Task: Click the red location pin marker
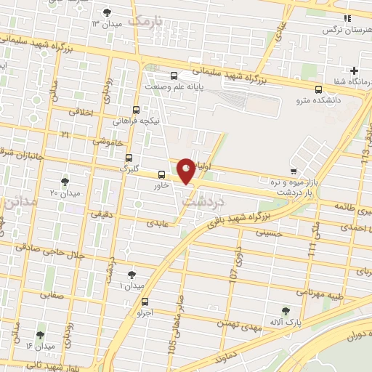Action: (186, 170)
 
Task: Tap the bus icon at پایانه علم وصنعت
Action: (173, 76)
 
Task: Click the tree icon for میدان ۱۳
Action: (108, 12)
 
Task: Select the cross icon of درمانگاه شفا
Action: (354, 71)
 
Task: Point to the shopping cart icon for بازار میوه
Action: (293, 171)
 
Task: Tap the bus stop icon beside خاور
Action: (162, 174)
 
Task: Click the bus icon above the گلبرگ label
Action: (129, 157)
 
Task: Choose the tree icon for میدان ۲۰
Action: (65, 182)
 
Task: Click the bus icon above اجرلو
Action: (145, 301)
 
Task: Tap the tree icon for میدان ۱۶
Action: (39, 335)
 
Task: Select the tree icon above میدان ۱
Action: (131, 275)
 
